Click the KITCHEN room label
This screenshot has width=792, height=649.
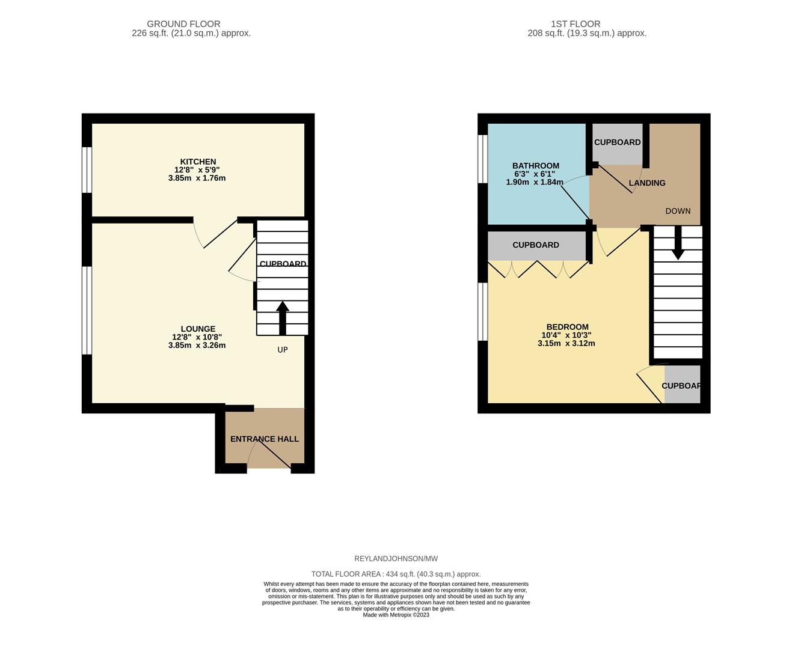pos(198,162)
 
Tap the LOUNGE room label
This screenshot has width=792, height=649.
pos(198,329)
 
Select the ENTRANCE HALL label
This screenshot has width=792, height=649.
pos(264,439)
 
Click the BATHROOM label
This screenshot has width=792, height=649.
pos(535,166)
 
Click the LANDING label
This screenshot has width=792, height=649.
pos(646,183)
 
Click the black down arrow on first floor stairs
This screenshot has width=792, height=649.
pos(678,243)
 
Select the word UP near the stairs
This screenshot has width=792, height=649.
pos(283,350)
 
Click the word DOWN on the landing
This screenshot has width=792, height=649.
pos(678,211)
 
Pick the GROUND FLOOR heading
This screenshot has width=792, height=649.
pos(183,24)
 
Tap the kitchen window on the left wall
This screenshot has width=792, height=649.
pos(87,169)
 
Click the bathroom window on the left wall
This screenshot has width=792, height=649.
pos(482,158)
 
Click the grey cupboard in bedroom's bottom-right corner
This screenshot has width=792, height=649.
pos(682,385)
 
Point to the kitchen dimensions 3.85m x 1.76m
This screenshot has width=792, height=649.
pos(197,178)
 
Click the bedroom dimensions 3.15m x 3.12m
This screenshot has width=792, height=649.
pos(566,343)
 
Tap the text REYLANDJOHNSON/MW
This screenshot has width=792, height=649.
pos(396,559)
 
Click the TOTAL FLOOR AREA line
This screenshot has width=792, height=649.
pos(396,574)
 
